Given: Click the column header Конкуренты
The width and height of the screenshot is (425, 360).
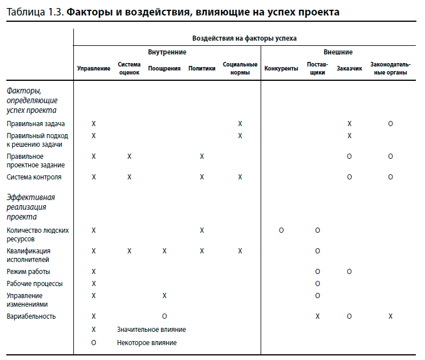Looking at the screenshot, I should [x=281, y=69].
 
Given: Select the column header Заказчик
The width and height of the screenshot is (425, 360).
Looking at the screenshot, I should [x=349, y=69].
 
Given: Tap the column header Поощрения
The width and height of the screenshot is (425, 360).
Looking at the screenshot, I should [x=164, y=69].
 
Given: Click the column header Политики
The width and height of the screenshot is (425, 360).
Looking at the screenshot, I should [x=202, y=69].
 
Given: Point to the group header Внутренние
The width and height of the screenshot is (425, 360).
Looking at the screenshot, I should [x=167, y=52].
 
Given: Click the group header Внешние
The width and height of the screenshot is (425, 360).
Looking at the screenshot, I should [x=337, y=52].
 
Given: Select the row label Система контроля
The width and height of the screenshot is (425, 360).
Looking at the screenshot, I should [x=34, y=177].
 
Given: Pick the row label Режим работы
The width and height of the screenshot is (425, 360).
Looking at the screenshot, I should [x=28, y=272].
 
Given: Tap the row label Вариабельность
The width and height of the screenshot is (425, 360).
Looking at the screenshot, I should [x=31, y=316].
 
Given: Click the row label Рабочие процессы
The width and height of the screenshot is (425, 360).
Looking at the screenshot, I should [x=35, y=284].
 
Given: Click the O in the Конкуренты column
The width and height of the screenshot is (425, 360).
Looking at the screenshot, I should [x=281, y=230].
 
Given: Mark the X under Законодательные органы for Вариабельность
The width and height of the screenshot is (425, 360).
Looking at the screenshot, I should [x=391, y=316].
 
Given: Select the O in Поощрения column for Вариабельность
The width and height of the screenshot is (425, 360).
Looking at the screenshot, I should [x=164, y=316].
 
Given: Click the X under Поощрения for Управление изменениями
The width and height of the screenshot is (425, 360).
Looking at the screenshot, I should [x=164, y=296].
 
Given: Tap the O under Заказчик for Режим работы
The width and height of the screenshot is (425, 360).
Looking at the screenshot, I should [x=349, y=272].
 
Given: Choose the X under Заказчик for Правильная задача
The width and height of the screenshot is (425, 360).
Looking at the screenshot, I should [x=349, y=124].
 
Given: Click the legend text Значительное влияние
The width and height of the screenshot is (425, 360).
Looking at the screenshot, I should [x=151, y=330].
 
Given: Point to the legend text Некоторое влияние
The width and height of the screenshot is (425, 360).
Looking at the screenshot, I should [x=147, y=343].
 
